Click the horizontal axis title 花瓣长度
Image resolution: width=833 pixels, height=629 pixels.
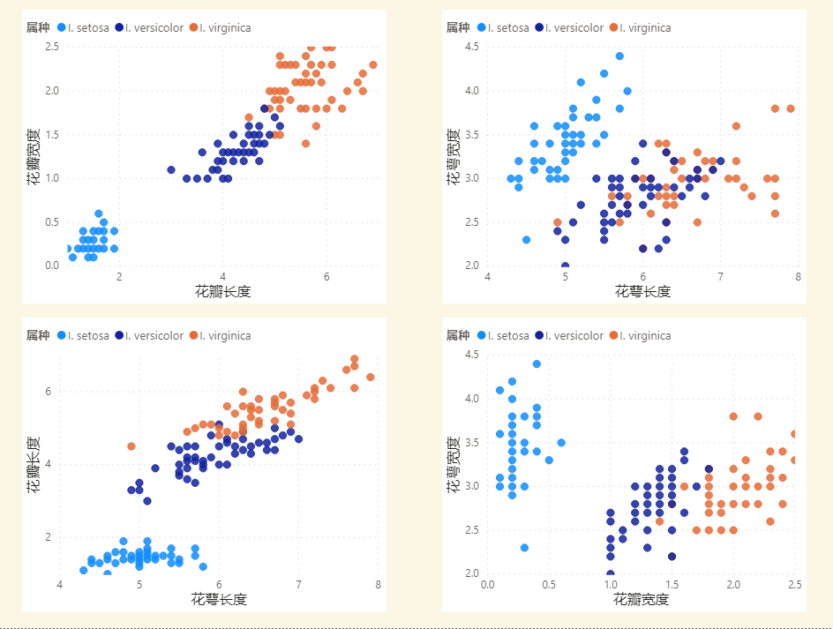coord(222,291)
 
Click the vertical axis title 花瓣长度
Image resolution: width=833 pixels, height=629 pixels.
coord(34,463)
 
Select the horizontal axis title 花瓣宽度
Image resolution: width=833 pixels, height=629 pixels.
coord(641,600)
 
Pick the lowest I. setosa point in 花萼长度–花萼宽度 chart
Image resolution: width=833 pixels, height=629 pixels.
coord(526,239)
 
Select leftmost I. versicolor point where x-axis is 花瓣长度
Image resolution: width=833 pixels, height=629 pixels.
coord(171,169)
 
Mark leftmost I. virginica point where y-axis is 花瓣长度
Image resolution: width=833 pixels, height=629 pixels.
coord(131,446)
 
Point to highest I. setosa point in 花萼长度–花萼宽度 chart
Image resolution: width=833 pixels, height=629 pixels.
coord(619,56)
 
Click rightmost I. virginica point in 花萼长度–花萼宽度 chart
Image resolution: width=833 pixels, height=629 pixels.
coord(791,109)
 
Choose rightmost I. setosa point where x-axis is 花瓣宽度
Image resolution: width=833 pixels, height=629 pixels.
coord(561,443)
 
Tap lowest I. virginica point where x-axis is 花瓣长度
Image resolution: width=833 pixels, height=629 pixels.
coord(305,143)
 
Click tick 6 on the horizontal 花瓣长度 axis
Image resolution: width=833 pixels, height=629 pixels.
coord(326,276)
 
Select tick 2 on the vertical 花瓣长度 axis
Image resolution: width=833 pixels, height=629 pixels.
coord(49,536)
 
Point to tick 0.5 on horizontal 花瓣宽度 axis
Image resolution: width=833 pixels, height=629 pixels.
coord(549,584)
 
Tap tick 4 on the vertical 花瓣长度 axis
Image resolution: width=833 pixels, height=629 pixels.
coord(49,464)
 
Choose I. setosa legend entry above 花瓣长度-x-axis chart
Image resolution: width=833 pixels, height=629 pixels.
coord(82,28)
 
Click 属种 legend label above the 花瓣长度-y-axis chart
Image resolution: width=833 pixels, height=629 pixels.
coord(38,336)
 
